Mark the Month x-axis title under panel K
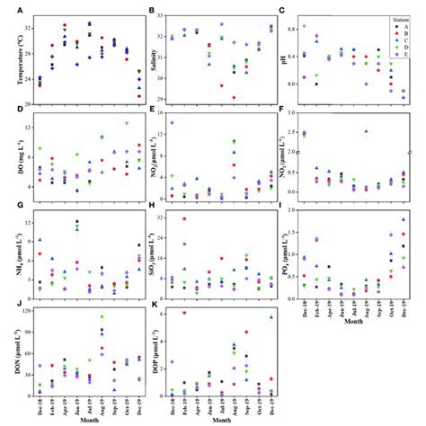(x=220, y=420)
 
